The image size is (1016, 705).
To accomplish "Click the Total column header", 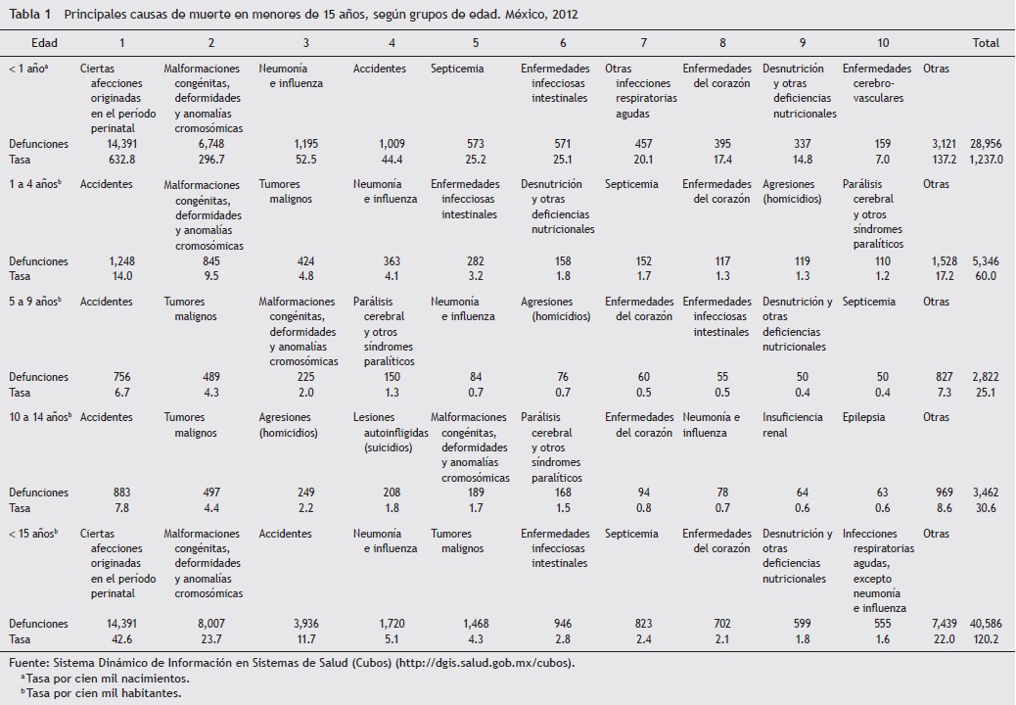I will pyautogui.click(x=985, y=43).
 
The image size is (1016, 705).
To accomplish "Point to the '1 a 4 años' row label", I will pyautogui.click(x=35, y=184).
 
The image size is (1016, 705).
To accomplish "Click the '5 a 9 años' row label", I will pyautogui.click(x=35, y=302).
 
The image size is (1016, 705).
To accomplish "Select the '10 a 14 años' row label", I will pyautogui.click(x=39, y=417).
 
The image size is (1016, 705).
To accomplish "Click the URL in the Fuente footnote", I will pyautogui.click(x=485, y=663).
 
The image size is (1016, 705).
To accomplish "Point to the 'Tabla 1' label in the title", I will pyautogui.click(x=30, y=15).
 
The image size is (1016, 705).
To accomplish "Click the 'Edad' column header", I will pyautogui.click(x=44, y=43).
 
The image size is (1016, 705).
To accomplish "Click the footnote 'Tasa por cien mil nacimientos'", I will pyautogui.click(x=108, y=678).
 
